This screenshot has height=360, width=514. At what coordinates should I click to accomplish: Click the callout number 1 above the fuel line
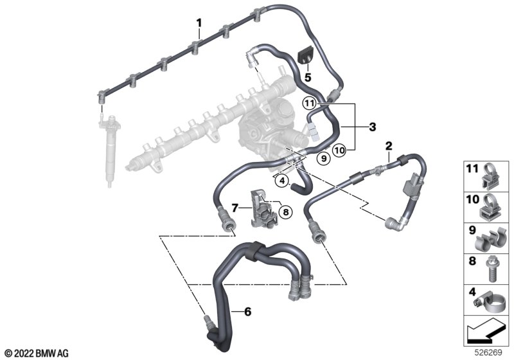coord(199,23)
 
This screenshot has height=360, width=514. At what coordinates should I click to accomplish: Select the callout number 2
coord(389,145)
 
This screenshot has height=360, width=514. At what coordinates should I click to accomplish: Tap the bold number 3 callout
coord(373,127)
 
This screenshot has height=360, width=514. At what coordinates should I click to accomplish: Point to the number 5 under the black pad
coord(308,78)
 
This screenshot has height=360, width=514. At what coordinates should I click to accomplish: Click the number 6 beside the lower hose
coord(248,312)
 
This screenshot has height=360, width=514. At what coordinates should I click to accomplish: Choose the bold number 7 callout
coord(235,208)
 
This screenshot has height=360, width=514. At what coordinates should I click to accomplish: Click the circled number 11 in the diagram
coord(309,104)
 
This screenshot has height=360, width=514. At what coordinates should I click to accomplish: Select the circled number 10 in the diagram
coord(339,150)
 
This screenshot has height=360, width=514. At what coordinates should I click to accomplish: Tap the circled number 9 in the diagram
coord(324,159)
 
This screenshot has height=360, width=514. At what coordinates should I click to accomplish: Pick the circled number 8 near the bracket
coord(285,212)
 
